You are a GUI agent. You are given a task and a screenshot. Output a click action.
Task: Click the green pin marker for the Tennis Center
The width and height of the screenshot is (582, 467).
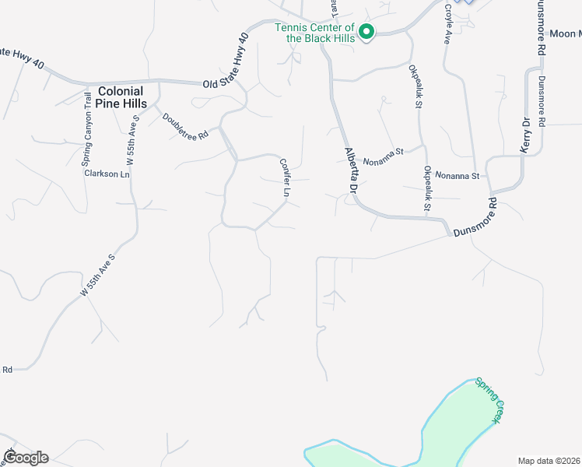point(366,31)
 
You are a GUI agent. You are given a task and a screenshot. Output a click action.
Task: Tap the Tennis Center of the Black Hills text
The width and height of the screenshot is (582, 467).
point(315,32)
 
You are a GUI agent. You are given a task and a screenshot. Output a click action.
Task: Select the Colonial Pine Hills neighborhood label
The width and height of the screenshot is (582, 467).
point(122,97)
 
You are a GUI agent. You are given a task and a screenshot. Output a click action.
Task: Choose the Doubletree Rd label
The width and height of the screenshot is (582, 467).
point(185,126)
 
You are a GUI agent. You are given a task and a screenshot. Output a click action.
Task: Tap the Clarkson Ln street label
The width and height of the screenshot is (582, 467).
point(107,174)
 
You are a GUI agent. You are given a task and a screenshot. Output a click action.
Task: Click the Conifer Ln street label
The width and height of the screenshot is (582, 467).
point(285,177)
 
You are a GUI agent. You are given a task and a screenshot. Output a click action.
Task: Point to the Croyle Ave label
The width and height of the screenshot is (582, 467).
point(448,23)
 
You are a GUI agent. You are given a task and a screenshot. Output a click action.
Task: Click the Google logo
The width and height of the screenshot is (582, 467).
point(25,457)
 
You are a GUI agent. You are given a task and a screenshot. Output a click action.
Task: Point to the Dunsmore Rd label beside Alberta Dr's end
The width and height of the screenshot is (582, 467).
point(475,219)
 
